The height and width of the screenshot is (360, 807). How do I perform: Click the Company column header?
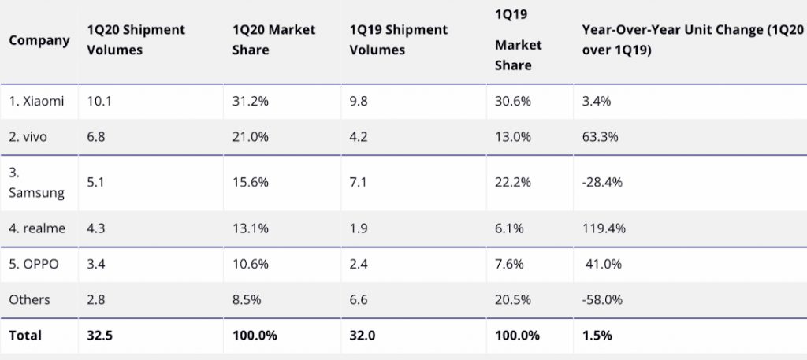[39, 39]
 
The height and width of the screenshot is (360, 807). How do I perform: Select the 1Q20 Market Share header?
[273, 39]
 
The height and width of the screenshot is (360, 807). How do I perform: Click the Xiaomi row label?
[37, 102]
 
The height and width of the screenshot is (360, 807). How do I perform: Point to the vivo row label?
[28, 137]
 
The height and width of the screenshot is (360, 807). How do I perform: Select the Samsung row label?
[37, 182]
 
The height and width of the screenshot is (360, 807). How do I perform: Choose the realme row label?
[38, 228]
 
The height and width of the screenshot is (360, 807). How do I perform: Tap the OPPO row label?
[36, 264]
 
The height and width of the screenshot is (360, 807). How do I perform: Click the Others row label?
[30, 299]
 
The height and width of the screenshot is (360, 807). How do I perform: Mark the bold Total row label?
[25, 335]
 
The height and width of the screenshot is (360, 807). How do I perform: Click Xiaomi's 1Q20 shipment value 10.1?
[98, 102]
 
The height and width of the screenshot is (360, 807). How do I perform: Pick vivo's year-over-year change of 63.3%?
[600, 137]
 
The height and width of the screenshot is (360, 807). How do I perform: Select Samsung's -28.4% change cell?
[602, 182]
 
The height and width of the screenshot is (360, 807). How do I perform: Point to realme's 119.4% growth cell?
[603, 228]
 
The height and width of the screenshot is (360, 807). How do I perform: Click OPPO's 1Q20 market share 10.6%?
[251, 264]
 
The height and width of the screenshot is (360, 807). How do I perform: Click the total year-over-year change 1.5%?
[597, 335]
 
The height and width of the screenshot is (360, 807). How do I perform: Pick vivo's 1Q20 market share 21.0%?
[251, 137]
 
